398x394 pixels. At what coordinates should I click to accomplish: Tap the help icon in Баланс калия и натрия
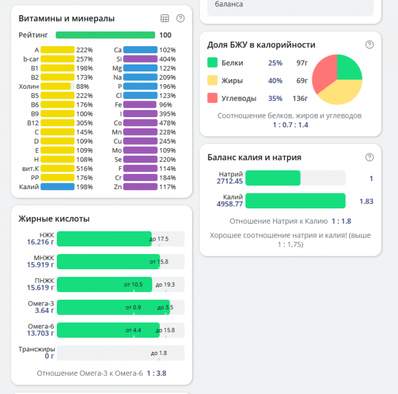point(369,157)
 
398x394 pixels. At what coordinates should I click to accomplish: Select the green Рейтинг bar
point(105,35)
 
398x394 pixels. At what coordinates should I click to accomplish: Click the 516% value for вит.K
point(84,169)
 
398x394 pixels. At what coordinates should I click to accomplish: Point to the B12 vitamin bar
point(57,123)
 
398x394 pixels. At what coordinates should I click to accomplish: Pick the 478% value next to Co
point(167,123)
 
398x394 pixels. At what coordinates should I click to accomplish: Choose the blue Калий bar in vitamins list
point(57,187)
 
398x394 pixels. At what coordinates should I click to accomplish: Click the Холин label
point(29,87)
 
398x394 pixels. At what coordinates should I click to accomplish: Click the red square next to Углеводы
point(212,98)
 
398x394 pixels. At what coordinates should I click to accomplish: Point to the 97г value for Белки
point(302,63)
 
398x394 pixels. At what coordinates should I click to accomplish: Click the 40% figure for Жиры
point(275,81)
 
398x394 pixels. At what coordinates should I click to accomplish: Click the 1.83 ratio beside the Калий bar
point(366,201)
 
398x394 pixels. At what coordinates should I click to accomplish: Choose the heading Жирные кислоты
point(54,219)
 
